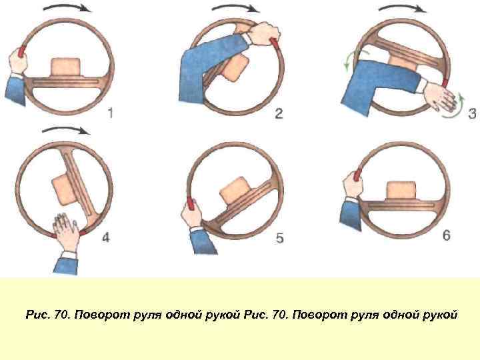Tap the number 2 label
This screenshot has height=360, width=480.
tap(279, 114)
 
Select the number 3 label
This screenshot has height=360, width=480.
tap(472, 113)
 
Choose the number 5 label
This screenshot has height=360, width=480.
tap(279, 237)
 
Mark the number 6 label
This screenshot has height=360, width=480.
tap(446, 235)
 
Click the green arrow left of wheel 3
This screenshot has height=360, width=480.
tap(346, 61)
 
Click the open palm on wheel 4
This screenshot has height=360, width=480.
tap(67, 233)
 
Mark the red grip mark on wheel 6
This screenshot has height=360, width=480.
tap(357, 175)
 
